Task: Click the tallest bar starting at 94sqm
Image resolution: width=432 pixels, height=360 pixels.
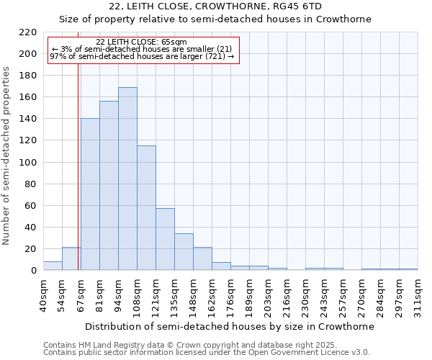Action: coord(127,179)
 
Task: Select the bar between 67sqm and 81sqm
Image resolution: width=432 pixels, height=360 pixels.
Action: coord(90,194)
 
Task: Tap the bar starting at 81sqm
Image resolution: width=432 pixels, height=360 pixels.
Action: coord(109,186)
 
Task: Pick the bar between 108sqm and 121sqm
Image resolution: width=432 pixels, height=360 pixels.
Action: coord(146,208)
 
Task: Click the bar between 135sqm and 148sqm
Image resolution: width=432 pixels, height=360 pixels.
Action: coord(184,252)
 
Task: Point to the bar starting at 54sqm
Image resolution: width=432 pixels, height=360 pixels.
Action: coord(71,258)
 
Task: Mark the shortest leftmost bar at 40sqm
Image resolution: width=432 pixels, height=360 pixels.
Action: coord(53,266)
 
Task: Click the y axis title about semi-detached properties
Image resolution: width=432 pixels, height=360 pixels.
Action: coord(7,156)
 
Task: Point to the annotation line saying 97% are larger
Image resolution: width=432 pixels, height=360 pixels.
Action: coord(142,56)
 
